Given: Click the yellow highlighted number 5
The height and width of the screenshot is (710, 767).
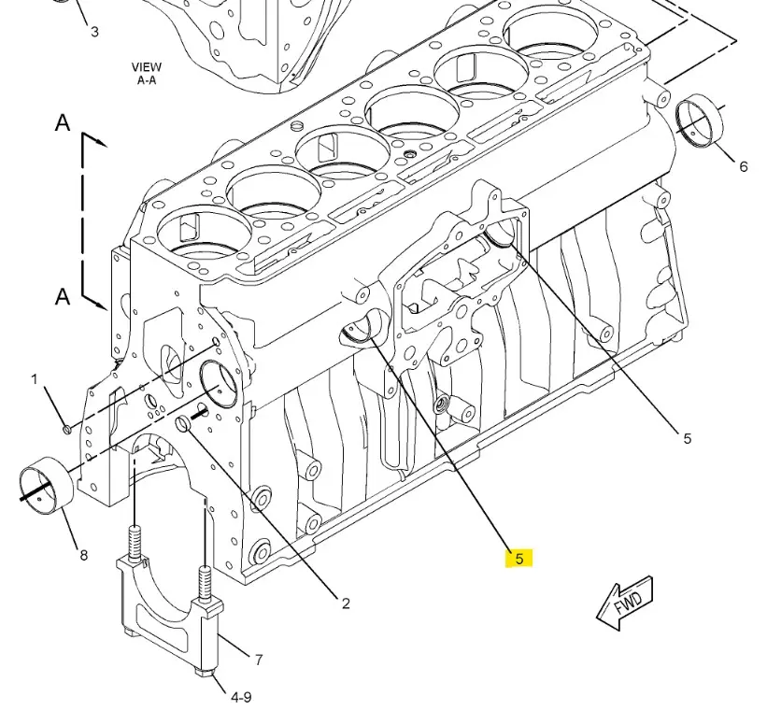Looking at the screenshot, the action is point(519,559).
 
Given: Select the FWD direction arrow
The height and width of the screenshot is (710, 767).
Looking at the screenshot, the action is point(625,603).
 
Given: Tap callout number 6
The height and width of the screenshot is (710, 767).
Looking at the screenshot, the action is point(743,167).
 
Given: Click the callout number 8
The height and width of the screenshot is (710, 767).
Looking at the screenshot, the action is point(84,555).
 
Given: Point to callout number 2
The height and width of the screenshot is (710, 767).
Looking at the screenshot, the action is point(346,603).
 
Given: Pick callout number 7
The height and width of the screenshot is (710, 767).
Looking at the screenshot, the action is point(259,660).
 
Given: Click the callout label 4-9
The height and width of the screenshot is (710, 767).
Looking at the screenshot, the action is point(241,697).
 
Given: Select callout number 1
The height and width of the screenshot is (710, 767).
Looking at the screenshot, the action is point(35,379).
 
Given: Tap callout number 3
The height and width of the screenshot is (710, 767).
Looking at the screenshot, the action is point(94,32).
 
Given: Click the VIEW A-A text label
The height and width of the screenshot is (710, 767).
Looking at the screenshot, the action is point(147,74).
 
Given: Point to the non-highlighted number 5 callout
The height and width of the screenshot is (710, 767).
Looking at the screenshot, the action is point(688,438).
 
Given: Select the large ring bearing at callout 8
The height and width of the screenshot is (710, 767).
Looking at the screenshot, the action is point(47,487).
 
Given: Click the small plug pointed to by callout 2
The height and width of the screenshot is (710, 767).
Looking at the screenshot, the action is point(183,423).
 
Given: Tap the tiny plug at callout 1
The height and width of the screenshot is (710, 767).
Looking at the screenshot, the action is point(67,429).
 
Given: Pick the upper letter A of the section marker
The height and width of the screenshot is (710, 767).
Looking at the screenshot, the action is point(63,122).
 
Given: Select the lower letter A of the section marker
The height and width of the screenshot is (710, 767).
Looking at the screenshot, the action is point(63,296).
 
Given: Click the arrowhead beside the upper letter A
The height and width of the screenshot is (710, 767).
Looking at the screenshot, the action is point(101,142).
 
